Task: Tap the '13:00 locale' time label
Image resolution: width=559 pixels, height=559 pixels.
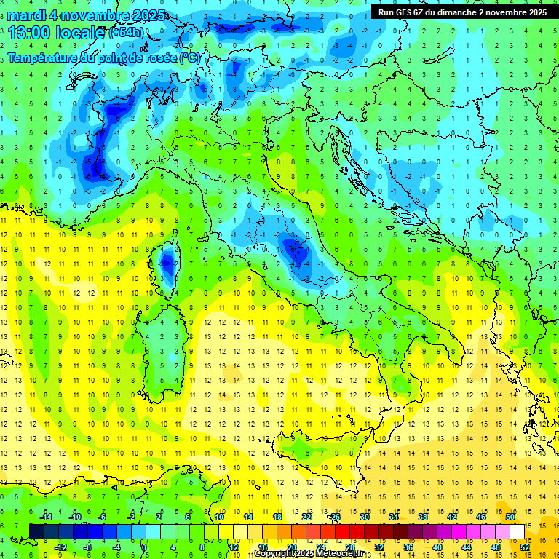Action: [57, 33]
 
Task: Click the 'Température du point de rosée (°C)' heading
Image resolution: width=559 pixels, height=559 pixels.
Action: [103, 58]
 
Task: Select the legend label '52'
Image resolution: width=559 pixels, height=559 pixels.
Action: [524, 547]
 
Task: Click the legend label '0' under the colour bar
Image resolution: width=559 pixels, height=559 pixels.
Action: [144, 547]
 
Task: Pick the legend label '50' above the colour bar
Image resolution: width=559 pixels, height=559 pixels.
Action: [510, 517]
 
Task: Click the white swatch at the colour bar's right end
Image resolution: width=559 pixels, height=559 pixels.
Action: [517, 531]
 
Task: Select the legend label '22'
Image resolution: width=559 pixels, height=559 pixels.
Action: [306, 517]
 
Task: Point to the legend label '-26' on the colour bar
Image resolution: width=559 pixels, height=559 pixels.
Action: [336, 517]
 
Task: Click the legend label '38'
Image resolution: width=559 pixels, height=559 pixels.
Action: [423, 517]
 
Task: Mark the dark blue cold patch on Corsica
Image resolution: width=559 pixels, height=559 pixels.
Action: [167, 260]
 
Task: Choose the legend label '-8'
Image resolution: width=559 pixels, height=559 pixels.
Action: [87, 547]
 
